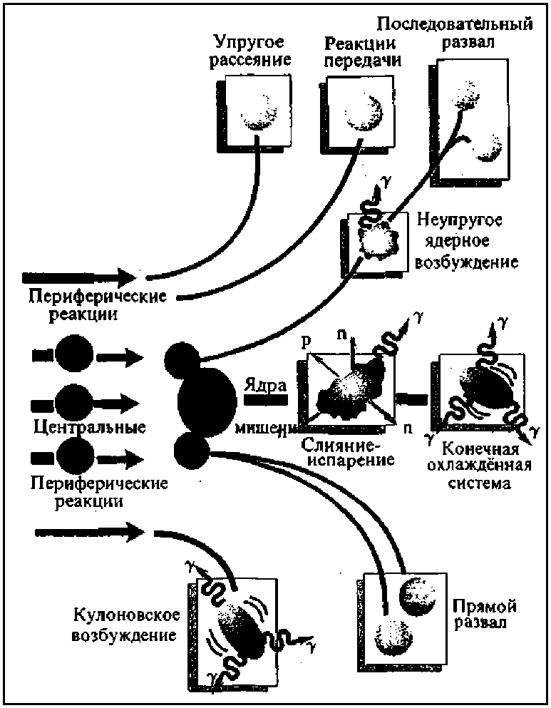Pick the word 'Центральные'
(x=90, y=428)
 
